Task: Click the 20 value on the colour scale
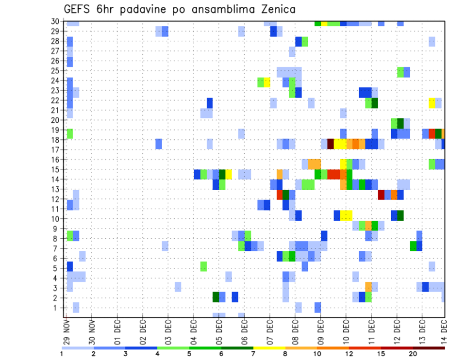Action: [413, 354]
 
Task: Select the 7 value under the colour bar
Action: [253, 354]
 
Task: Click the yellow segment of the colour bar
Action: [269, 348]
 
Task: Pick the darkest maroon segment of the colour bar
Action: [429, 348]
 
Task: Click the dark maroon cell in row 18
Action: [331, 144]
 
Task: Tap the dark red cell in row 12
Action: [382, 195]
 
